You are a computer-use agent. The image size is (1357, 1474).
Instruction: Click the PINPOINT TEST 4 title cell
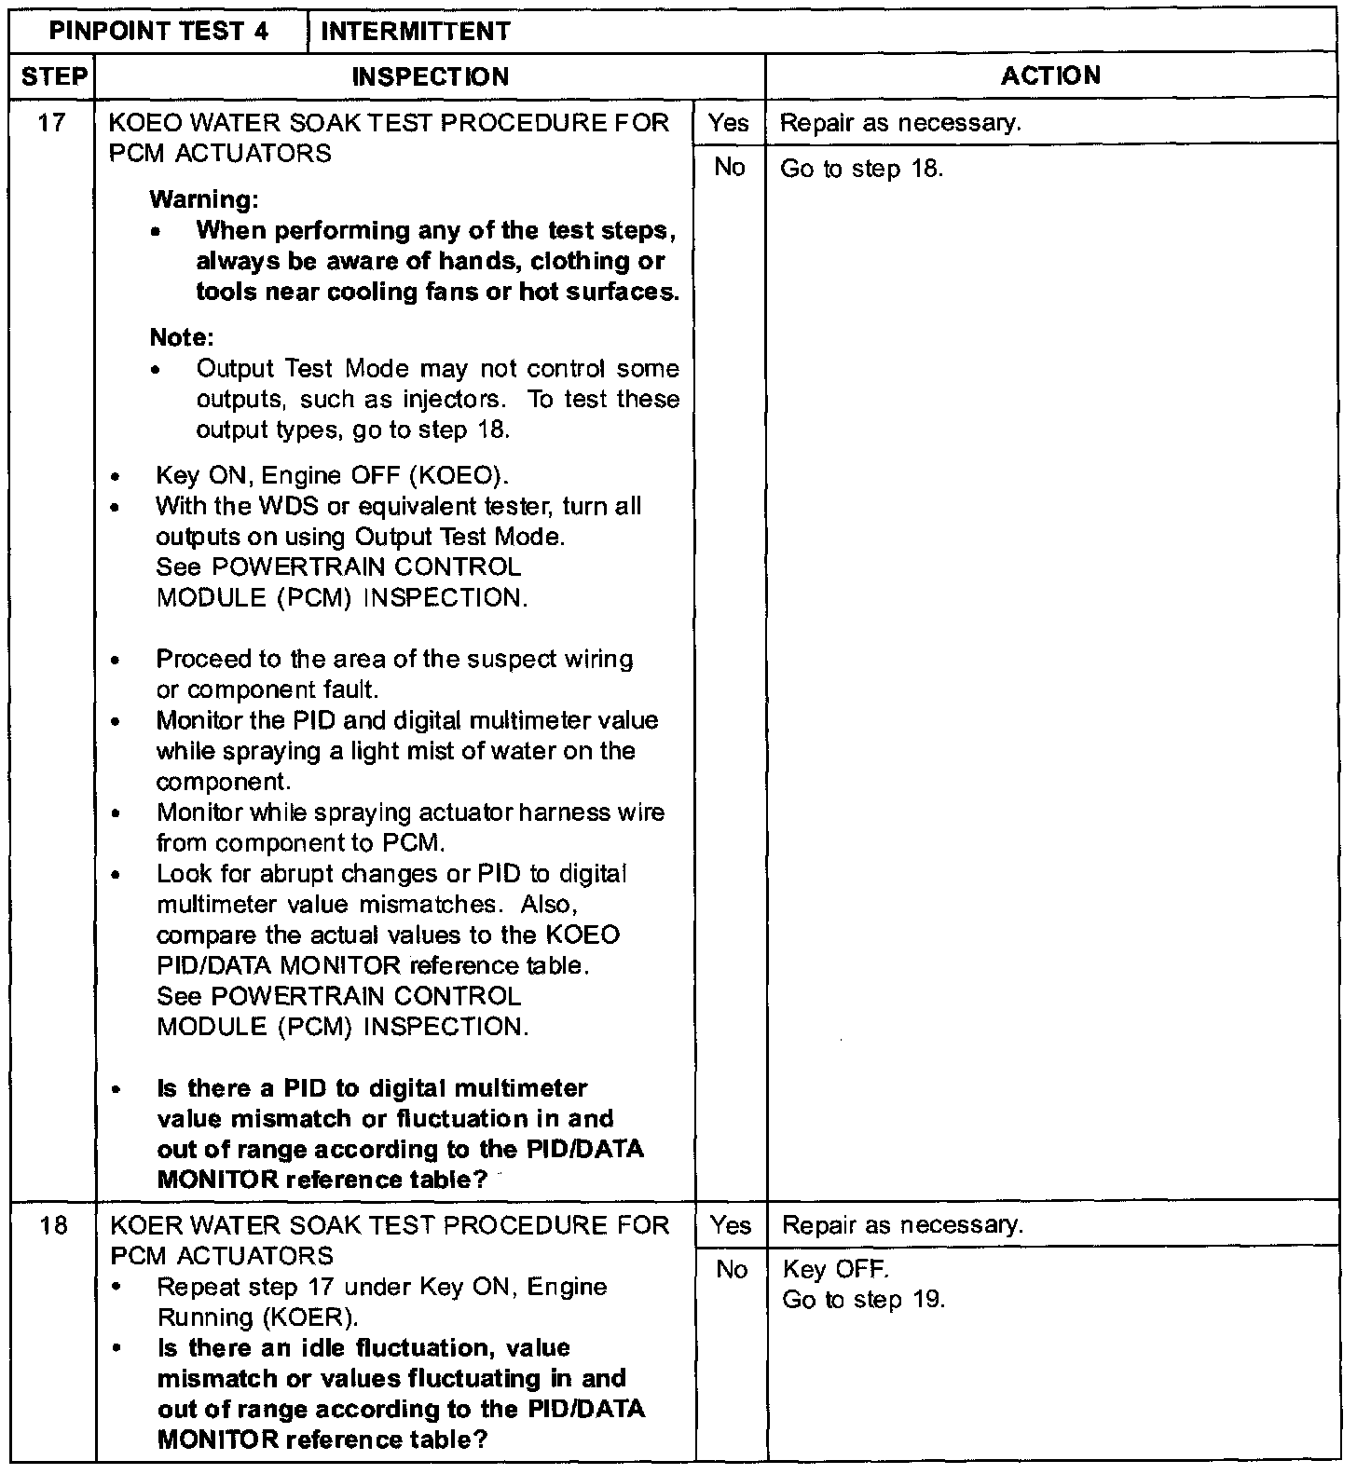[x=158, y=31]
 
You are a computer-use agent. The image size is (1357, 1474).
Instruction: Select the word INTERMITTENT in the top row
[x=415, y=31]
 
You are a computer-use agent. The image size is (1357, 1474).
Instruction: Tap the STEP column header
[x=52, y=75]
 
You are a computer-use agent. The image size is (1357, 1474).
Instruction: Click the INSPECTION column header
[x=431, y=76]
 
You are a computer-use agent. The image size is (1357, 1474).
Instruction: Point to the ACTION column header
[x=1050, y=75]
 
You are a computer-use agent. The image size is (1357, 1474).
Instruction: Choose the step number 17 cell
[x=52, y=122]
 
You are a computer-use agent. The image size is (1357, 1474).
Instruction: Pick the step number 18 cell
[x=54, y=1224]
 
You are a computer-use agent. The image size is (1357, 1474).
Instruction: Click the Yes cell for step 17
[x=729, y=122]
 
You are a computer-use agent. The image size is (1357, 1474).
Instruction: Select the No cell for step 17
[x=729, y=167]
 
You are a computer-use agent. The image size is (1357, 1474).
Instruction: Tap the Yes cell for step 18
[x=730, y=1224]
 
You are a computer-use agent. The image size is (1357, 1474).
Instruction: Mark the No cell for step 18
[x=731, y=1269]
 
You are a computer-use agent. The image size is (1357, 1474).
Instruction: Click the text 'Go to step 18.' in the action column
[x=861, y=169]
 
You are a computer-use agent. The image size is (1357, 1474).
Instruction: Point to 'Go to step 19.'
[x=863, y=1300]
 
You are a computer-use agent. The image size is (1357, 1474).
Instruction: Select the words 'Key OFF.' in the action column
[x=823, y=1269]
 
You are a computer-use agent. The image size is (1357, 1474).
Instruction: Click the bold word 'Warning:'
[x=204, y=199]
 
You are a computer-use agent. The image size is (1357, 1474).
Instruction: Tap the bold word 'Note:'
[x=182, y=337]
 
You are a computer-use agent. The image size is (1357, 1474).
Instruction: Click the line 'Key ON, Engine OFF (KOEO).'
[x=332, y=476]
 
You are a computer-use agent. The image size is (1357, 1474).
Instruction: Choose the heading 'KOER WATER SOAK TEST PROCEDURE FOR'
[x=390, y=1224]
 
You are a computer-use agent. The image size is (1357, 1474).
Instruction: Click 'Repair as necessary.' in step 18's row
[x=902, y=1224]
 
